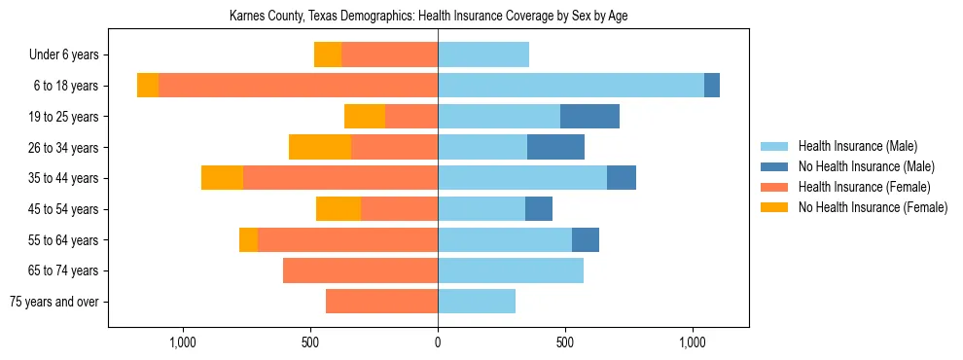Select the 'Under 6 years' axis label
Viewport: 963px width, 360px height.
pyautogui.click(x=63, y=54)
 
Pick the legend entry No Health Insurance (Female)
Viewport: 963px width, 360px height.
pyautogui.click(x=873, y=207)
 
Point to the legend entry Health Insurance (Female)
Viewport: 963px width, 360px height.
pyautogui.click(x=864, y=187)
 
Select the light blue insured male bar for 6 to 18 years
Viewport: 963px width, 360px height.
pyautogui.click(x=571, y=86)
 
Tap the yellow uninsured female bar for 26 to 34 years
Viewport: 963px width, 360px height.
pyautogui.click(x=320, y=147)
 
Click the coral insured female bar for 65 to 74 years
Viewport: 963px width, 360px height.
pyautogui.click(x=360, y=270)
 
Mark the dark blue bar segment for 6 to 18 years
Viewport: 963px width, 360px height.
pyautogui.click(x=712, y=86)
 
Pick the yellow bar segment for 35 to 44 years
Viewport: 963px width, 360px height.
pyautogui.click(x=222, y=178)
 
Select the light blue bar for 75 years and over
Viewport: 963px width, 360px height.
pyautogui.click(x=477, y=302)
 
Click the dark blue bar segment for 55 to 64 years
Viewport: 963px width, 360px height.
pyautogui.click(x=586, y=239)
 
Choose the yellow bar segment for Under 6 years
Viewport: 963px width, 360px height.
pyautogui.click(x=328, y=54)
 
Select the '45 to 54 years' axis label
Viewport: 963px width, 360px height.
pyautogui.click(x=63, y=209)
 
